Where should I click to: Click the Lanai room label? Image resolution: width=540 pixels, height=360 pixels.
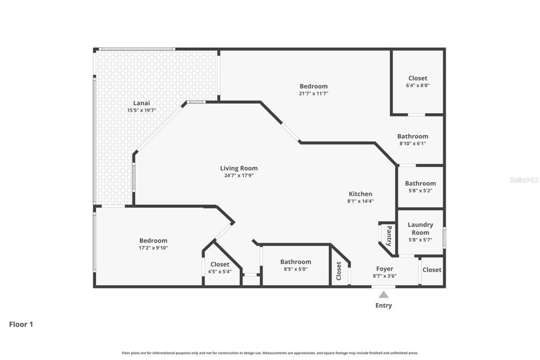point(142,103)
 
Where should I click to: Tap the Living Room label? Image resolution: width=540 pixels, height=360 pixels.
point(239,168)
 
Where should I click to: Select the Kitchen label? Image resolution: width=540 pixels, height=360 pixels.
point(360,194)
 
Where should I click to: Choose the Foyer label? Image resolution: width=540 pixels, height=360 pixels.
point(385,269)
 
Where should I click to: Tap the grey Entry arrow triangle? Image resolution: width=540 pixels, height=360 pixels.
point(383,295)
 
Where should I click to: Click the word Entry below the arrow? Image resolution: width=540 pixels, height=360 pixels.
point(383,306)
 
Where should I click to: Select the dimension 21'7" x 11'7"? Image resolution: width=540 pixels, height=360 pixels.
point(313,94)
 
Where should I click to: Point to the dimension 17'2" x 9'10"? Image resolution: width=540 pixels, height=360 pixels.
point(154,248)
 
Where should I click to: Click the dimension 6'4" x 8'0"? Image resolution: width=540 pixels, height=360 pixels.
point(418,85)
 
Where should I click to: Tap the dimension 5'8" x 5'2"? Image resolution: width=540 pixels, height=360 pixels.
point(420,190)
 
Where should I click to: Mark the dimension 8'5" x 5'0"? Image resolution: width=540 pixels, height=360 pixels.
point(295,269)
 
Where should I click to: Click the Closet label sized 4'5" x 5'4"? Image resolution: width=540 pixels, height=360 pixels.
point(220,265)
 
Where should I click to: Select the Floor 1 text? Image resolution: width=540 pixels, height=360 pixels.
point(21,325)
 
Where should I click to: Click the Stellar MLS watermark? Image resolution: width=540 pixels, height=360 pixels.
point(524,180)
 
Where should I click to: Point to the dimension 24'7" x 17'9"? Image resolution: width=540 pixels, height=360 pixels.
point(239,175)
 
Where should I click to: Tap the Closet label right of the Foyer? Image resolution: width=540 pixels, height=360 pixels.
point(432,270)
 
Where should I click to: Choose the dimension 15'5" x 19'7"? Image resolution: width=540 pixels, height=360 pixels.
point(142,110)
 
